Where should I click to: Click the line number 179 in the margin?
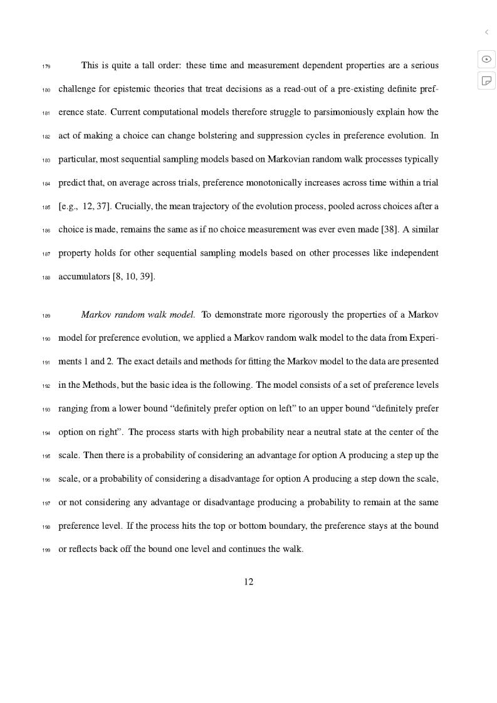pyautogui.click(x=46, y=66)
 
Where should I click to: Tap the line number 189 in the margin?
pyautogui.click(x=46, y=315)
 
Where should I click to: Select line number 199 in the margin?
pyautogui.click(x=46, y=550)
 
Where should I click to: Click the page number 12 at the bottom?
pyautogui.click(x=249, y=582)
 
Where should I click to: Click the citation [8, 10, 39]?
pyautogui.click(x=133, y=276)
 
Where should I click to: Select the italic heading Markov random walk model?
pyautogui.click(x=138, y=315)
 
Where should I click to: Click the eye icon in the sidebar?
pyautogui.click(x=486, y=59)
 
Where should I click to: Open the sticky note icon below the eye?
pyautogui.click(x=486, y=80)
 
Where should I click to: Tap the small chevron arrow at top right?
pyautogui.click(x=486, y=32)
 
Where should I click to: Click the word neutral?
pyautogui.click(x=309, y=432)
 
